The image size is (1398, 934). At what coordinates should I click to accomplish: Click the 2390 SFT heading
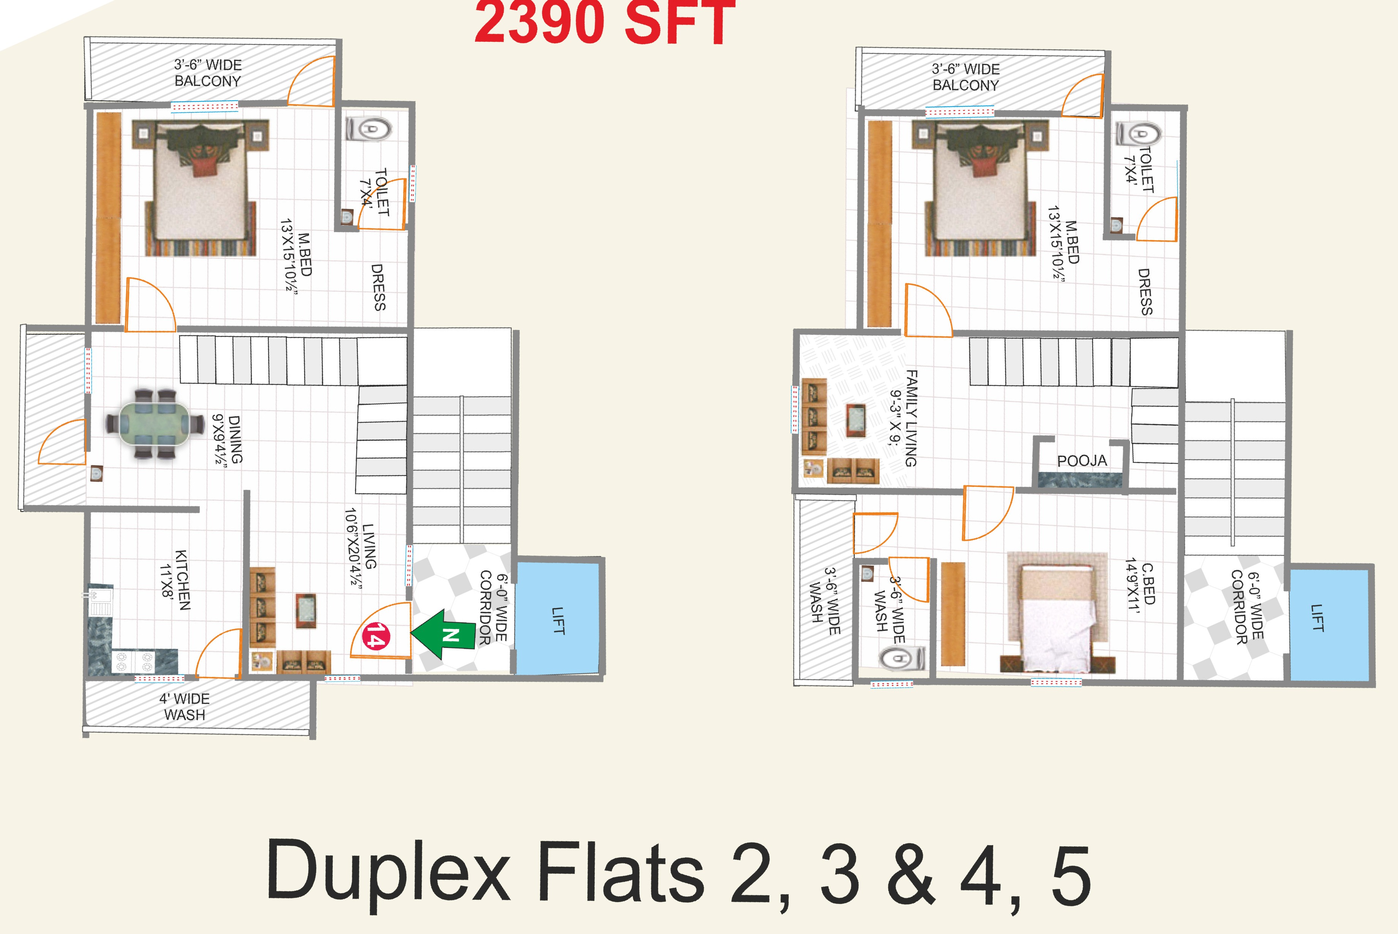[x=605, y=23]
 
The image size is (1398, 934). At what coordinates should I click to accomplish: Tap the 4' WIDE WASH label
[x=185, y=706]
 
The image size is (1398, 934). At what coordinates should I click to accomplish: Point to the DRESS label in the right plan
[x=1145, y=291]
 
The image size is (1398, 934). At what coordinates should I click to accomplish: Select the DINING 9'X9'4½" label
[x=227, y=439]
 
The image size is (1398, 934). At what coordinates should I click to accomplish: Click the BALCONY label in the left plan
[x=207, y=81]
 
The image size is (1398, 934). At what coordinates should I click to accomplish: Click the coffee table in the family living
[x=856, y=420]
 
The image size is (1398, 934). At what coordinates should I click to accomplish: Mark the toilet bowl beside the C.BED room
[x=902, y=659]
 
